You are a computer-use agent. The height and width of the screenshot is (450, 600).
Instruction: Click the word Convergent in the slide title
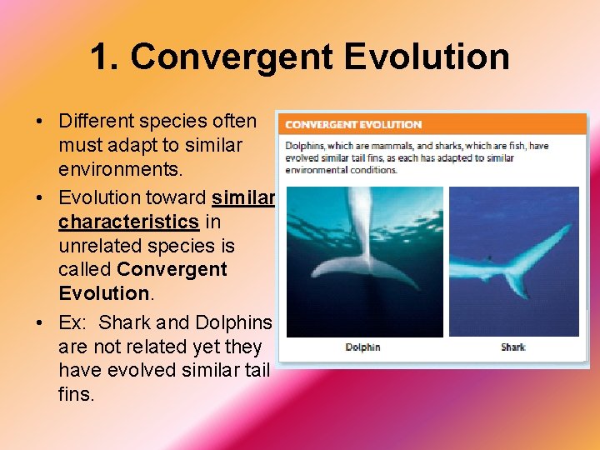pos(232,57)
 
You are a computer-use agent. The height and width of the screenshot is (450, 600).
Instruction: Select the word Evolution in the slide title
pos(426,57)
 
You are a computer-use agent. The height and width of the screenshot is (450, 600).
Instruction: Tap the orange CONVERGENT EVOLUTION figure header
pos(353,125)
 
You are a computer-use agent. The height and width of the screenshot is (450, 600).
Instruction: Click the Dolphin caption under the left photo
pos(362,347)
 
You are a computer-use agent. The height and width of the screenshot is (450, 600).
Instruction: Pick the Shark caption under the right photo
pos(513,347)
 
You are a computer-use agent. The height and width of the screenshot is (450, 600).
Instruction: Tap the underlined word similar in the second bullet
pos(243,197)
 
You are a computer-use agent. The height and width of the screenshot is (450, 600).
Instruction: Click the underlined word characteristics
pos(128,222)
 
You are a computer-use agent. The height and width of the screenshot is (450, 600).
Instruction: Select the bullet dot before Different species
pos(40,122)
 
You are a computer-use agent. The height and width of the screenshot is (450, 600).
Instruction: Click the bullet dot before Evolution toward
pos(40,198)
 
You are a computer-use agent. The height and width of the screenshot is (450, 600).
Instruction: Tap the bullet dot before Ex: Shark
pos(40,323)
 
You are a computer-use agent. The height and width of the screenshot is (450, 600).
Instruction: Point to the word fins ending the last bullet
pos(77,393)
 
